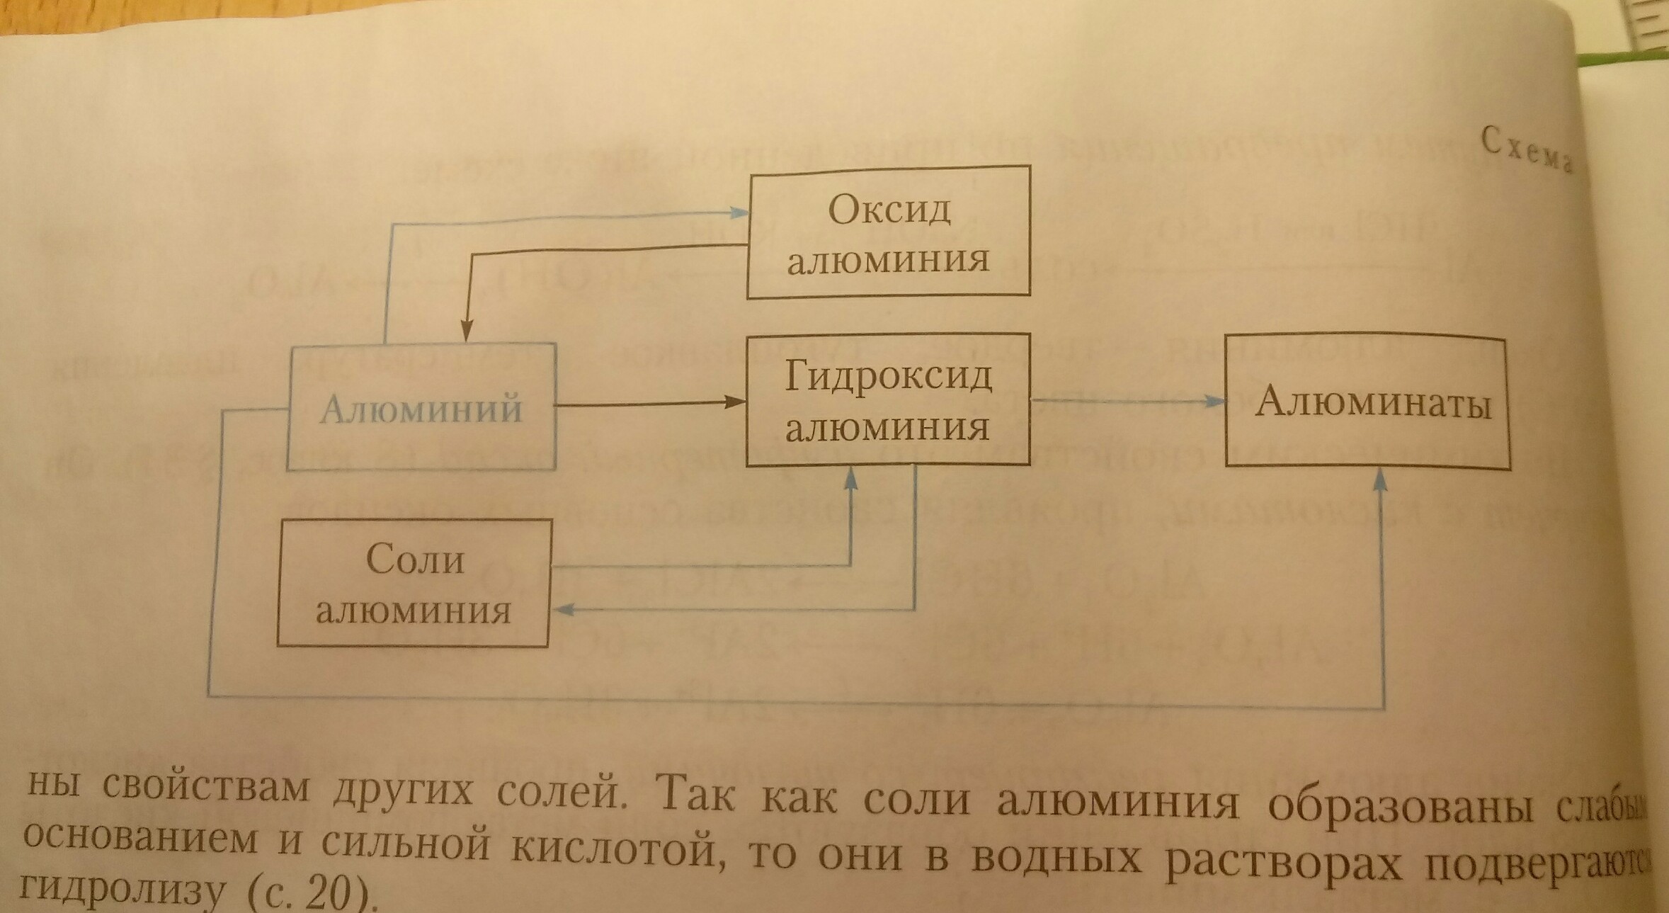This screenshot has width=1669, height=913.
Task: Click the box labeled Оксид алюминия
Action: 889,232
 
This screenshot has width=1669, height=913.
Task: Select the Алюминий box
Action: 421,407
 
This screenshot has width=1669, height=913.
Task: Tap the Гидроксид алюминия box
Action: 888,400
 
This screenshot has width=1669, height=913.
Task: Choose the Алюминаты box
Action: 1368,402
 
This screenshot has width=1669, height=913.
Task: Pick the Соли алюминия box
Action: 414,583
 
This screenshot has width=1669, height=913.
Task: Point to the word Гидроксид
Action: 888,376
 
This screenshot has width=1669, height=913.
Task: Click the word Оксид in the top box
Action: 889,210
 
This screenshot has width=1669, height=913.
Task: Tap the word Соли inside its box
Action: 415,560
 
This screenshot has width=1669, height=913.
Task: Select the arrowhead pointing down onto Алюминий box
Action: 467,331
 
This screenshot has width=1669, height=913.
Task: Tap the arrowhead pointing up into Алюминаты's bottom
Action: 1379,480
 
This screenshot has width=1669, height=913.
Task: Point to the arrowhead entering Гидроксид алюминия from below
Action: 851,479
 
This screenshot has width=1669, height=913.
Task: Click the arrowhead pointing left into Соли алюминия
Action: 563,609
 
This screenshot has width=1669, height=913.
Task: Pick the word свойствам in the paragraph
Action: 206,788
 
